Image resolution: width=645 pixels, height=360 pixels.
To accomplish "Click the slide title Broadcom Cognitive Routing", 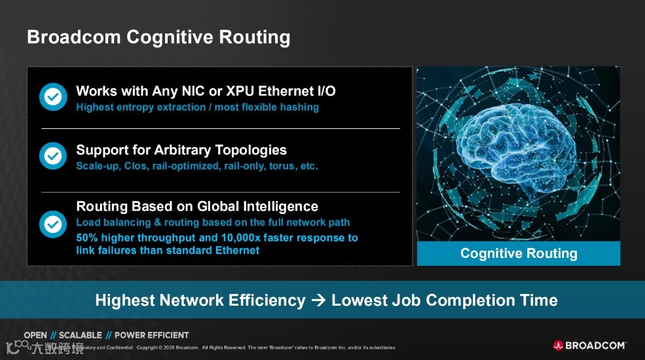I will coord(158,37).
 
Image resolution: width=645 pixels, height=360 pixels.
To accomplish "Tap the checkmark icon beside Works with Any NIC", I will coord(53,96).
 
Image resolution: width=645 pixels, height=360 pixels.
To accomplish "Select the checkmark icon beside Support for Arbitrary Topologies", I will coord(53,156).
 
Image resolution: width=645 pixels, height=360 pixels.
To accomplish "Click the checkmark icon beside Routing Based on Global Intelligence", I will coord(53,225).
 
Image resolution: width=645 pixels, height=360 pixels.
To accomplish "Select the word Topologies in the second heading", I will coord(252,150).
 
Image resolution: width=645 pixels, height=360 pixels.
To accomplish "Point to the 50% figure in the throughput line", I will coord(88,238).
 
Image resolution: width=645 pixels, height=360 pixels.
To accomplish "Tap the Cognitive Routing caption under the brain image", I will coord(519,253).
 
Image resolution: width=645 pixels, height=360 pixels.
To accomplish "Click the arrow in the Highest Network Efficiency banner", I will coord(318,300).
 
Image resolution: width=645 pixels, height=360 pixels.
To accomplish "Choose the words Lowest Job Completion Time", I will coord(445,300).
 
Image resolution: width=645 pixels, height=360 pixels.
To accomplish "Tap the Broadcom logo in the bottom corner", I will coord(589,345).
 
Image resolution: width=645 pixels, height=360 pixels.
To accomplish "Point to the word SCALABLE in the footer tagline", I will coord(80,335).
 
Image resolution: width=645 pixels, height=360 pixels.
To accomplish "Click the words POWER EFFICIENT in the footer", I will coord(151,335).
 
